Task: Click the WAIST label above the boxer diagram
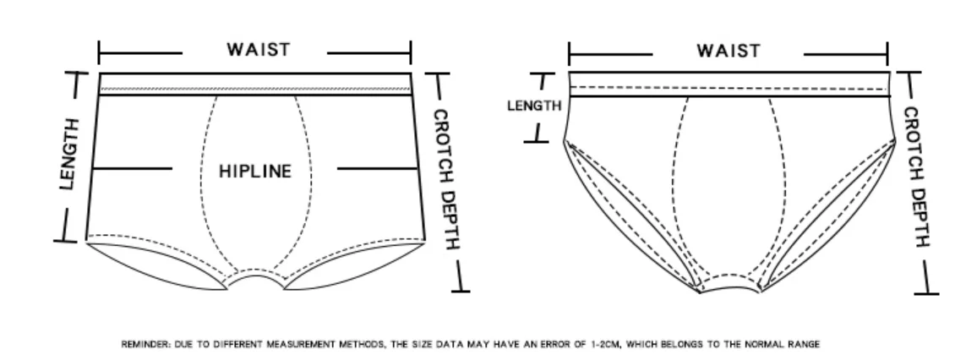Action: [258, 50]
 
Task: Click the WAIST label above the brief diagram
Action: [728, 51]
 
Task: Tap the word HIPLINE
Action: [254, 172]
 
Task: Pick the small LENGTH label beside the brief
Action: [534, 106]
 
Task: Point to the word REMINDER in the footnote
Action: [145, 344]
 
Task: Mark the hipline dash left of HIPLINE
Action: [132, 168]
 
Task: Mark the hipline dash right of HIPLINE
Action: [378, 168]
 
